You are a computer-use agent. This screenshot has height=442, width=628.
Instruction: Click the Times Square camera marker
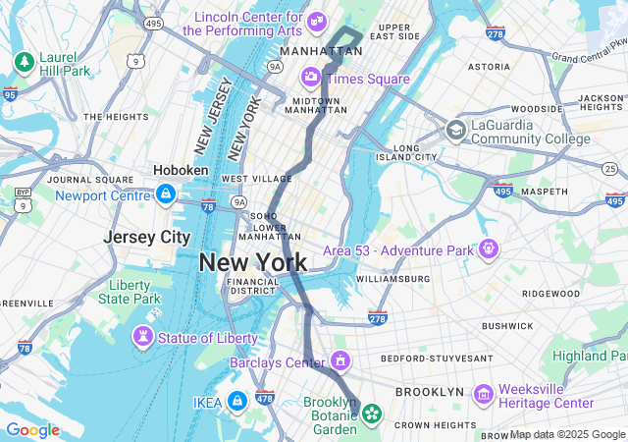pos(311,77)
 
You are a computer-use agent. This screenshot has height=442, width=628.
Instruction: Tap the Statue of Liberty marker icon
pos(144,338)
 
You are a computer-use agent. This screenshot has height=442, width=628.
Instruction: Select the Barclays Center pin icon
pos(340,361)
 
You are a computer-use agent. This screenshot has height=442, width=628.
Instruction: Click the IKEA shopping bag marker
pos(236,401)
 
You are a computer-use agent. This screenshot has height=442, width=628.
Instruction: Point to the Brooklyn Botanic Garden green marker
pos(372,414)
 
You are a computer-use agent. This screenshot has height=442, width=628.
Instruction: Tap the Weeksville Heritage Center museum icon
pos(482,394)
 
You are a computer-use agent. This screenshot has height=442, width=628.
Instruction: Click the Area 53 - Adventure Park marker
pos(488,249)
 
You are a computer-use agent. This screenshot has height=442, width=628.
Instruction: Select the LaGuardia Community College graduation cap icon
pos(455,130)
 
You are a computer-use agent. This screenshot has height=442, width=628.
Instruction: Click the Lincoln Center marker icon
pos(317,21)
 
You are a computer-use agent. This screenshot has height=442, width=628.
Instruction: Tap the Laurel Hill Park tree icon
pos(24,62)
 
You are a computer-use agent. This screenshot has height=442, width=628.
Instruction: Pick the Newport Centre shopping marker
pos(166,194)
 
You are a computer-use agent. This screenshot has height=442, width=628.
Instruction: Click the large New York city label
pos(252,262)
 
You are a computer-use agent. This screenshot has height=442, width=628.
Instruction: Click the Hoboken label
pos(181,170)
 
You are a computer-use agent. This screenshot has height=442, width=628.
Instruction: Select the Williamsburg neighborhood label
pos(392,279)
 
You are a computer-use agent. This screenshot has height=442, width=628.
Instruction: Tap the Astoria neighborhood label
pos(490,67)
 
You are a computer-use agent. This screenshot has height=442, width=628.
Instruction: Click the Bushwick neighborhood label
pos(507,325)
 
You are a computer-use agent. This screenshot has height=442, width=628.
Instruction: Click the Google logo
pos(32,430)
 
